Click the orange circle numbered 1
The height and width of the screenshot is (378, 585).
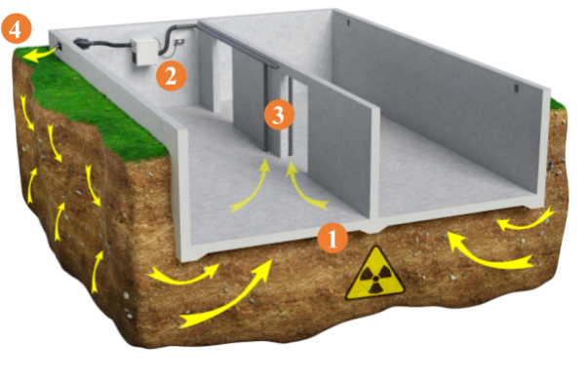[332, 238]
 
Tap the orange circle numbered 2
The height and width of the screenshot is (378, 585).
[171, 76]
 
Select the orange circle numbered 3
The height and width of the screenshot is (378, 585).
[279, 115]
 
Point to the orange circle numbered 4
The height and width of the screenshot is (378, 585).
[16, 28]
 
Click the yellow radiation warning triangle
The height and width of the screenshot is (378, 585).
[375, 275]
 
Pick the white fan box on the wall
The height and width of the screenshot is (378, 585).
[144, 51]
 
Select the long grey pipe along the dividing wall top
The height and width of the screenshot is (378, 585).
[238, 46]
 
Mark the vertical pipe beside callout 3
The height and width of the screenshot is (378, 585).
[266, 109]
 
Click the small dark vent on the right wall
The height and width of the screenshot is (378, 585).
[517, 88]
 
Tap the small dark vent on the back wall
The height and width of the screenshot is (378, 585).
[348, 22]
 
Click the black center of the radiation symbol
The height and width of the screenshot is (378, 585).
[375, 279]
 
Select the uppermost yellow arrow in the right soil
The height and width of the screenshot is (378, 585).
[526, 221]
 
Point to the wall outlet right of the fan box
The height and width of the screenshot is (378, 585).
[179, 41]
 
